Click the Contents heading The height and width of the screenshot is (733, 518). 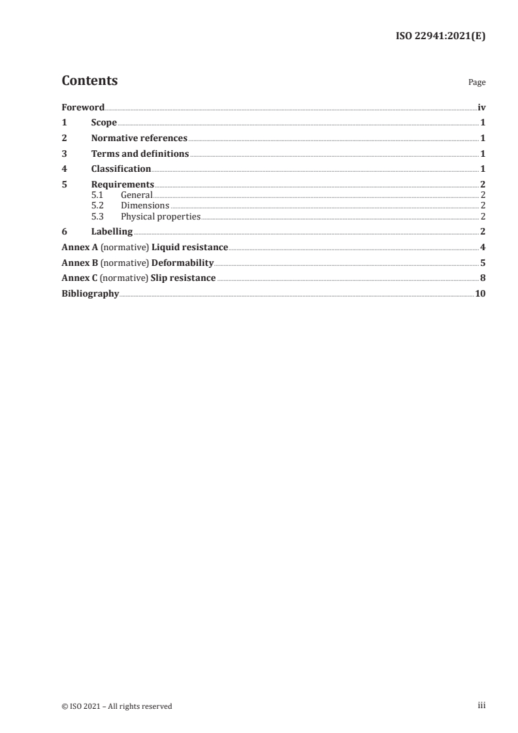(x=89, y=81)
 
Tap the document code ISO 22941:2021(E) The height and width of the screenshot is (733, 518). (x=441, y=37)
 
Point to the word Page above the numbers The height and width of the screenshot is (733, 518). (x=477, y=83)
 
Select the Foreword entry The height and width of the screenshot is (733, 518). (x=83, y=107)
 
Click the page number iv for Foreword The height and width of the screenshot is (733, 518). (x=481, y=107)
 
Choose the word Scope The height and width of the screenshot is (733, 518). (x=104, y=123)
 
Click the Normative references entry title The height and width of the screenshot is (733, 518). (x=139, y=138)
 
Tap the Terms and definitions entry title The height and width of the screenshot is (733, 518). (x=140, y=154)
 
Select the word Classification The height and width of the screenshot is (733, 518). (x=121, y=170)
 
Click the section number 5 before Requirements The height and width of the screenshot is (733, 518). (x=64, y=185)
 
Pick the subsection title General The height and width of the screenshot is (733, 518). (x=137, y=195)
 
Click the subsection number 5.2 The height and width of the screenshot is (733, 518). (x=97, y=206)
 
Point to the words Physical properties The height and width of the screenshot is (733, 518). (x=161, y=216)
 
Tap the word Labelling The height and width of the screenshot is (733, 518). (x=112, y=232)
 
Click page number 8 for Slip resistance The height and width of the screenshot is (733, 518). (x=483, y=279)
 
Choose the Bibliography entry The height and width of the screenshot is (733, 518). (x=90, y=294)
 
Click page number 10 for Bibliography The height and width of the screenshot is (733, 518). (x=480, y=294)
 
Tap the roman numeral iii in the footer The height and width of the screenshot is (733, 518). (x=481, y=706)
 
